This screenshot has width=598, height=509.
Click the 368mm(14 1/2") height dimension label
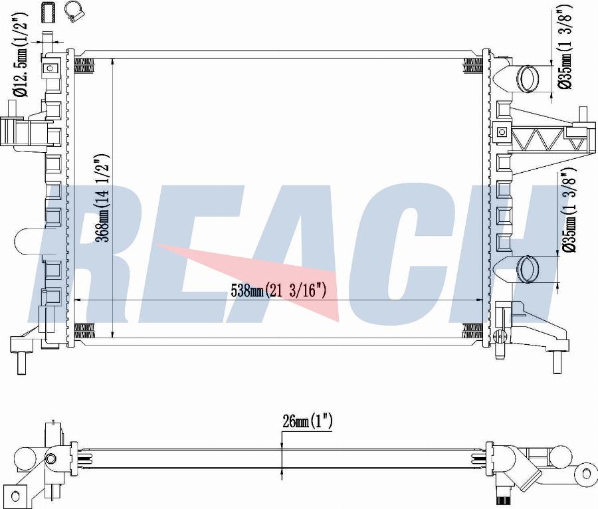[103, 200]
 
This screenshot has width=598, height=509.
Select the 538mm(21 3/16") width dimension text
[278, 290]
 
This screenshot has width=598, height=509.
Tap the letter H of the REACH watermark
[505, 253]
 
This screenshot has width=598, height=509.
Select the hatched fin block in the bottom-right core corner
[472, 331]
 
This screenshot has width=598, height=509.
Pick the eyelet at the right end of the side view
[587, 473]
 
